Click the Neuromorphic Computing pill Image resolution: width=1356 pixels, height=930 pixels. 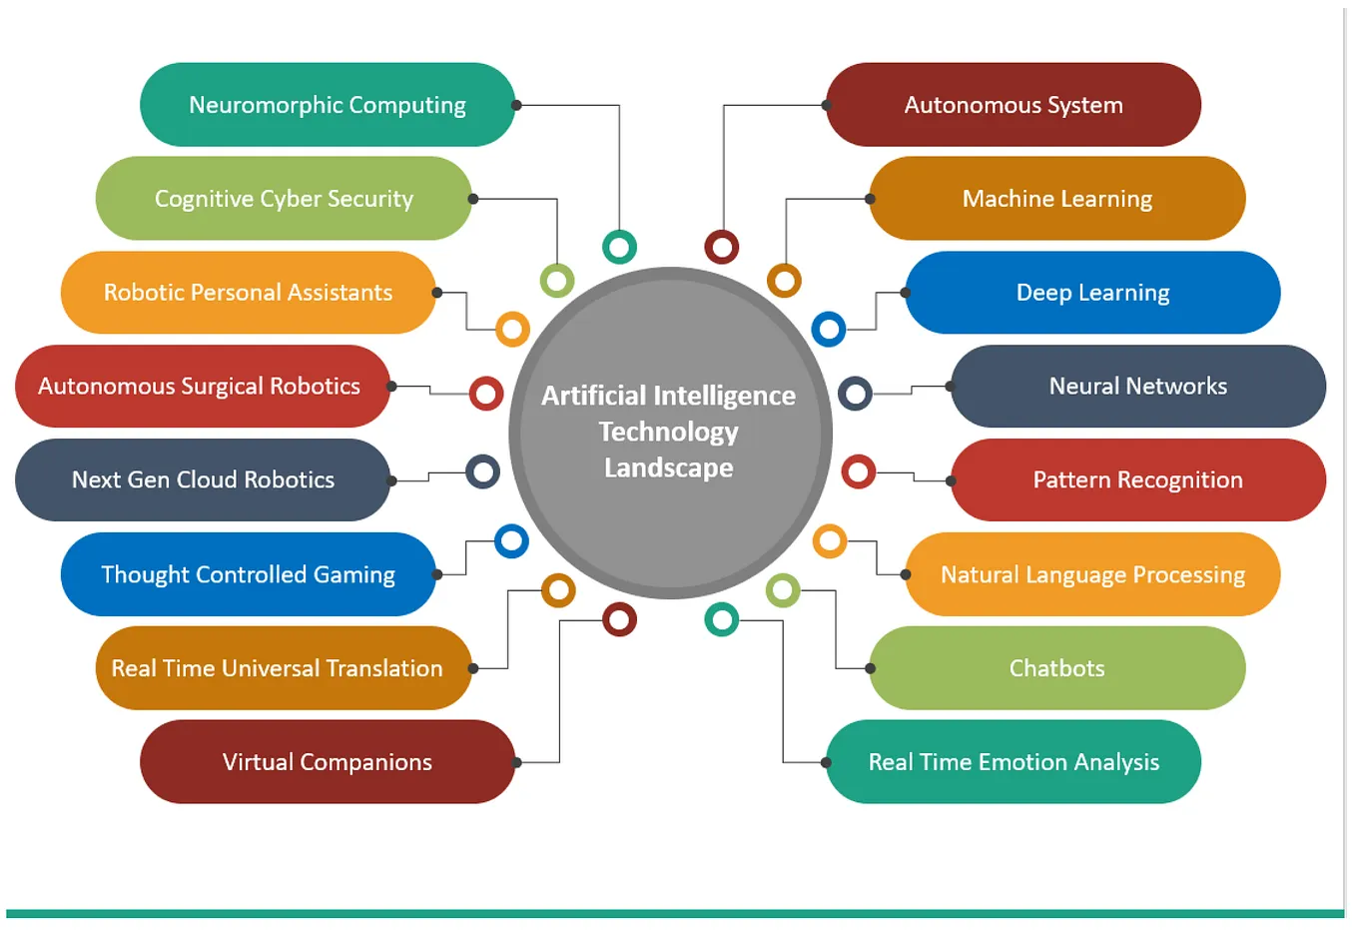tap(327, 105)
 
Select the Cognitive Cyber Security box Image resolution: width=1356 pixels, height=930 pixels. tap(284, 199)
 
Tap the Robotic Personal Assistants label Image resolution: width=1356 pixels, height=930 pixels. tap(248, 293)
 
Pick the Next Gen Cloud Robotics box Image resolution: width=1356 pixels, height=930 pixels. tap(202, 480)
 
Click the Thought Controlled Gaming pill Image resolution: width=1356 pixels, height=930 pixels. tap(248, 574)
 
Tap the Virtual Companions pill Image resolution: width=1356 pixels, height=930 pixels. tap(327, 762)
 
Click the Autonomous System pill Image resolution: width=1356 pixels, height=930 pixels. tap(1013, 105)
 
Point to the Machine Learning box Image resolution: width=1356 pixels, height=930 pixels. tap(1056, 199)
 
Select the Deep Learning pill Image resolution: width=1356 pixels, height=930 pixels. tap(1092, 293)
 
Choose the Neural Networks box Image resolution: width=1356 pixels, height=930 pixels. tap(1137, 387)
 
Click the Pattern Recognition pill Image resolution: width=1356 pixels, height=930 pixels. tap(1137, 480)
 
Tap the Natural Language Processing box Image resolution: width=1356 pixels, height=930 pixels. tap(1092, 574)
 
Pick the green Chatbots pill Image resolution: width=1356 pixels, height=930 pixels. tap(1056, 668)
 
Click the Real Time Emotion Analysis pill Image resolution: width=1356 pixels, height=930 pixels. tap(1013, 762)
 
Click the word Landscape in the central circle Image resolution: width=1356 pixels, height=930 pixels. tap(668, 467)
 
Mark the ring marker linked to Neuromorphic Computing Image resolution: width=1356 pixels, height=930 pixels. tap(619, 247)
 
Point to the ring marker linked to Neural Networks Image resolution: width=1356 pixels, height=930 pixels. tap(855, 394)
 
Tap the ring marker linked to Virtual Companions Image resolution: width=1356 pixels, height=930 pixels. tap(619, 620)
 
